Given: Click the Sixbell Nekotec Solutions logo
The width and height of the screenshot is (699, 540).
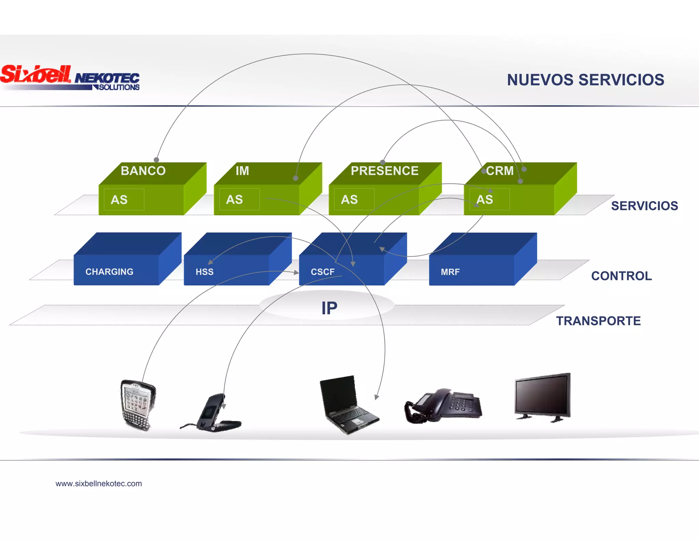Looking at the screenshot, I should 70,78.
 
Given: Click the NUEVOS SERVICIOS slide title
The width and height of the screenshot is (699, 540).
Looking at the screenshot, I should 585,80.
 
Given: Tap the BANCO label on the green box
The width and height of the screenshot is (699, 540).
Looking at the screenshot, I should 143,171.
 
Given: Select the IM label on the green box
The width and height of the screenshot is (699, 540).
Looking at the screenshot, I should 242,171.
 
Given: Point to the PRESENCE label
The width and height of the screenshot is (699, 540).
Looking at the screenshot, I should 385,171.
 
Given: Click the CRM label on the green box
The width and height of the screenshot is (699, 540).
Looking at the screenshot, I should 500,171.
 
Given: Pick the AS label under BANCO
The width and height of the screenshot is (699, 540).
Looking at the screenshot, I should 119,200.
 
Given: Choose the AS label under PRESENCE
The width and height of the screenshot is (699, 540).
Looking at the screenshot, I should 349,200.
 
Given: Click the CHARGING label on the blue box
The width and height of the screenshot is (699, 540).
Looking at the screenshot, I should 109,272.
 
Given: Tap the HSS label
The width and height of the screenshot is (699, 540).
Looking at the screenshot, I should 204,272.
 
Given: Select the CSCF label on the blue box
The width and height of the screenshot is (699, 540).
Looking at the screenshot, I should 323,272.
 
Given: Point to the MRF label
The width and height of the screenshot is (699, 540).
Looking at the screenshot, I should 450,272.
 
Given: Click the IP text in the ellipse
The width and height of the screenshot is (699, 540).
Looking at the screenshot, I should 329,308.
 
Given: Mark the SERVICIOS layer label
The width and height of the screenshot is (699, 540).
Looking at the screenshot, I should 644,206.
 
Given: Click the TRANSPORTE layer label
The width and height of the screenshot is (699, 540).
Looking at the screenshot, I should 598,321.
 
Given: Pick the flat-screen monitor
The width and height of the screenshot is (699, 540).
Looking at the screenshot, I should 543,397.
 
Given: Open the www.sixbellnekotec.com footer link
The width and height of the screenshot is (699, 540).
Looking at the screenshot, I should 99,483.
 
